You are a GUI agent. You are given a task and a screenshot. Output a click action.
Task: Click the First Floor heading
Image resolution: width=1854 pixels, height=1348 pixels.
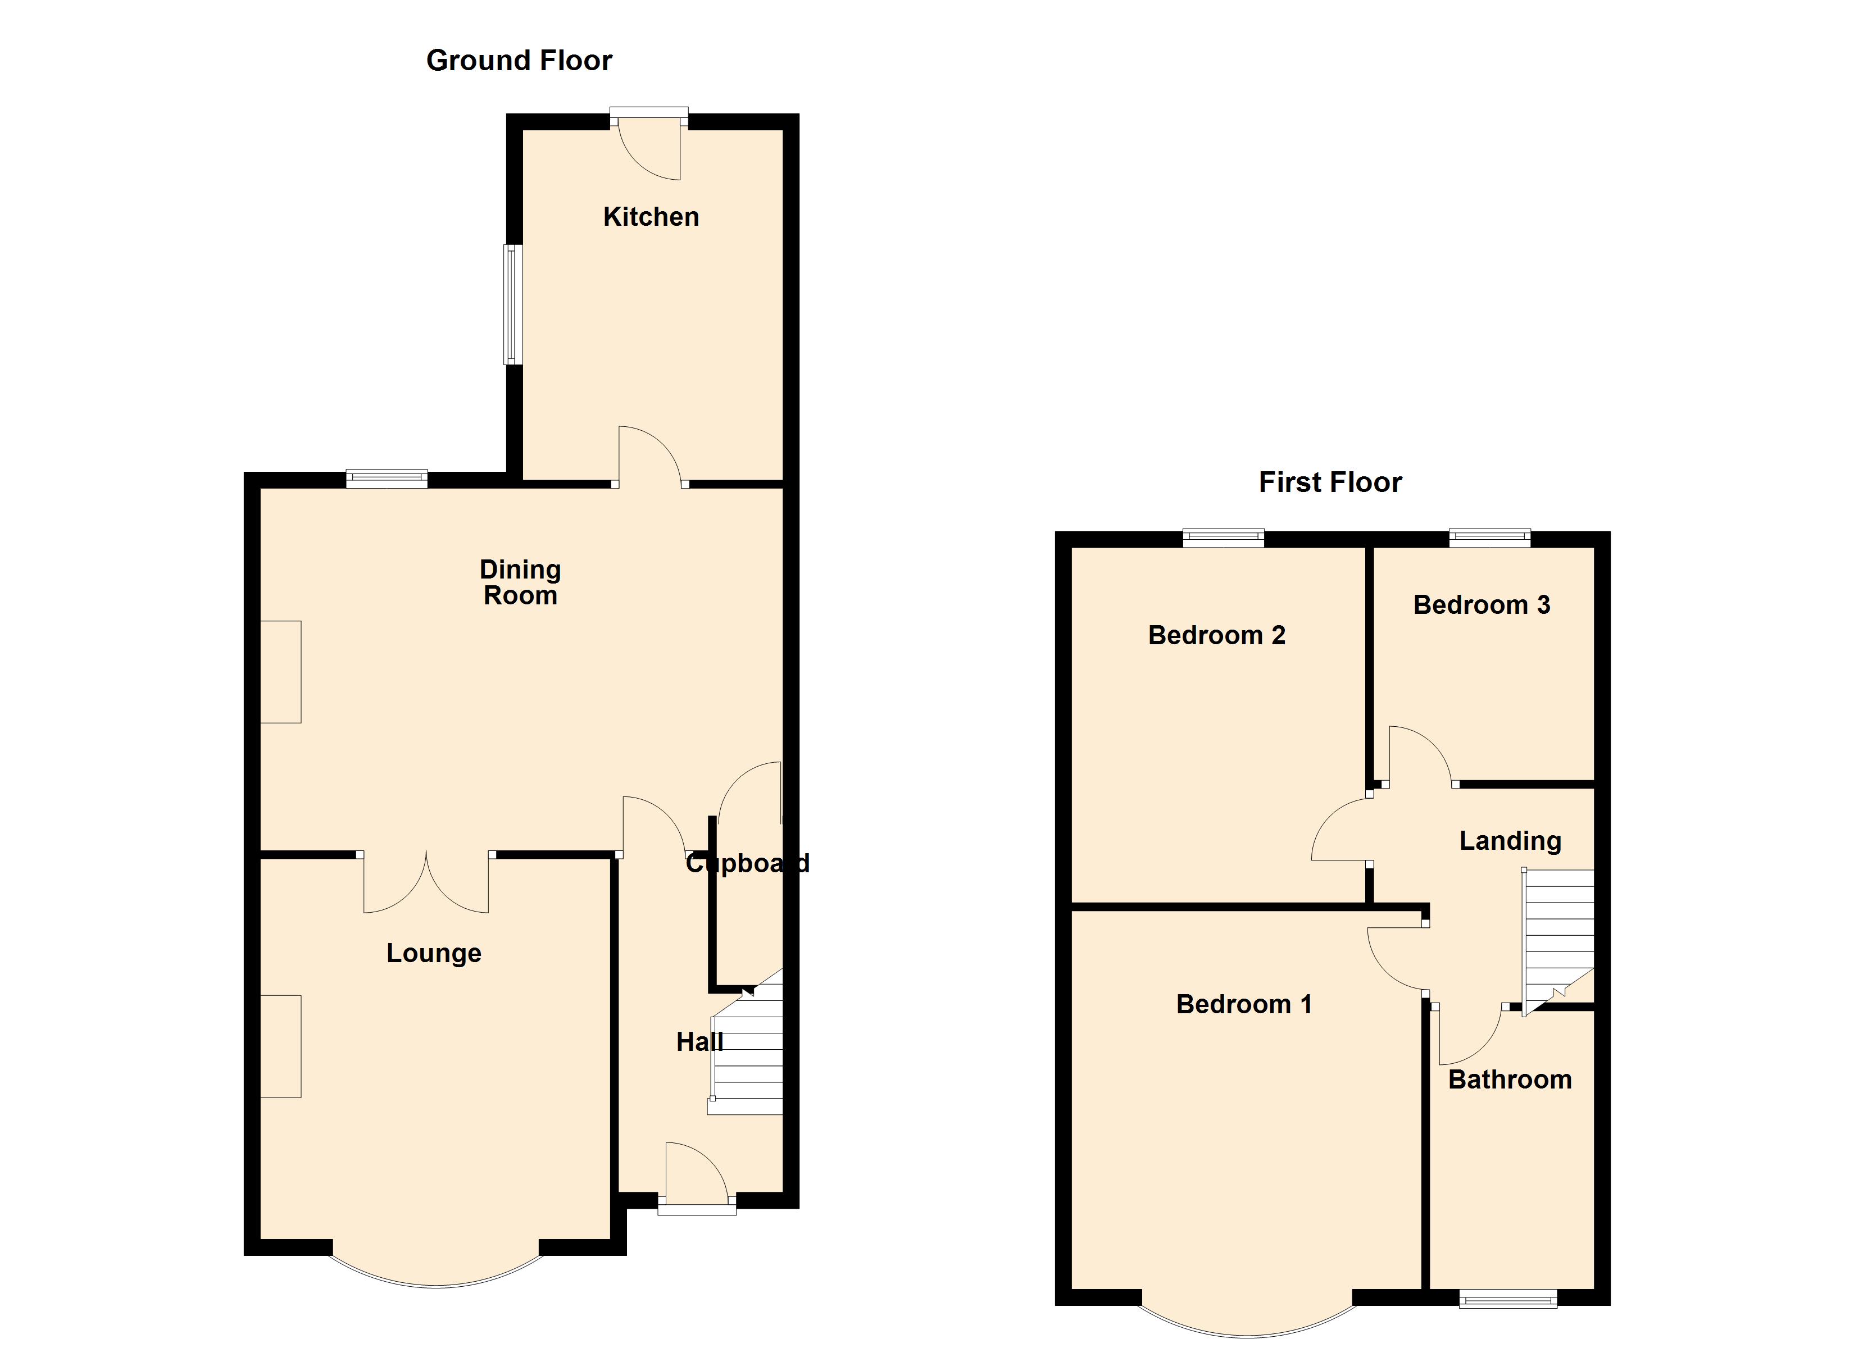coord(1329,482)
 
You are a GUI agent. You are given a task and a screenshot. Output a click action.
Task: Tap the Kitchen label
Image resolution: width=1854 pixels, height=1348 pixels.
coord(651,217)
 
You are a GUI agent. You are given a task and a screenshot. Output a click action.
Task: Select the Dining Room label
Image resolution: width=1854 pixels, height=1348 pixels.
coord(520,582)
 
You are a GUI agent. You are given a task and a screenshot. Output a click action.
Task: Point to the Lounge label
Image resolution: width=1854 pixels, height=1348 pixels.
coord(433,953)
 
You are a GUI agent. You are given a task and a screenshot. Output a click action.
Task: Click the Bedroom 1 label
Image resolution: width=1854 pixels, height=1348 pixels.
coord(1243,1004)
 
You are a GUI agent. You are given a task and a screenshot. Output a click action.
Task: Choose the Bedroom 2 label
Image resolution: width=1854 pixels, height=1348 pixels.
coord(1216,635)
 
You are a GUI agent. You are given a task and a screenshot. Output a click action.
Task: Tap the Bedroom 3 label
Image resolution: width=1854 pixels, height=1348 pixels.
coord(1482,605)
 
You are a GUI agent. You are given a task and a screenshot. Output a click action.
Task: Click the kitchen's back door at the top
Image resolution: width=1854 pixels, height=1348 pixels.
coord(649,147)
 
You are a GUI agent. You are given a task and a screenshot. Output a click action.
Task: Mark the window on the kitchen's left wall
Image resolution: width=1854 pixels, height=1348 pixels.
coord(512,304)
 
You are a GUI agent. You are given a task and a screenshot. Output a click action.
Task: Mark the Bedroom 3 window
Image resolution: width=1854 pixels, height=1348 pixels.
coord(1489,538)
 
